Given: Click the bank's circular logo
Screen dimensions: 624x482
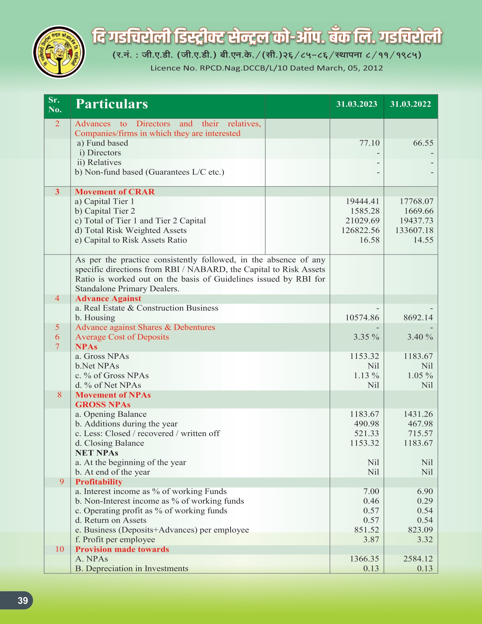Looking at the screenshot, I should pyautogui.click(x=59, y=52).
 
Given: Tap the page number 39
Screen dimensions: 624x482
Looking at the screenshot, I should pyautogui.click(x=23, y=601).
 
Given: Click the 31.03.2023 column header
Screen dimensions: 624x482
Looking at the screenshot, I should pyautogui.click(x=356, y=104).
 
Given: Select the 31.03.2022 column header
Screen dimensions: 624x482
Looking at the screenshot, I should pyautogui.click(x=411, y=104).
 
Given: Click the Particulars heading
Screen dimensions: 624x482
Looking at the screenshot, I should pyautogui.click(x=112, y=104).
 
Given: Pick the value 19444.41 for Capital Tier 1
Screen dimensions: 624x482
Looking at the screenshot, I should pyautogui.click(x=363, y=202).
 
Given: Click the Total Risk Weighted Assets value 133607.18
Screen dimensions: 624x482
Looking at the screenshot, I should pyautogui.click(x=414, y=230).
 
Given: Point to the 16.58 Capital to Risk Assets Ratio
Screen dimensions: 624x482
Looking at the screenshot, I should pyautogui.click(x=369, y=240).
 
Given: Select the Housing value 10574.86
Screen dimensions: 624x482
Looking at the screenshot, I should pyautogui.click(x=362, y=318).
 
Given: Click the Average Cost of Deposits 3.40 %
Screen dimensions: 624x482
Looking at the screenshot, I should pyautogui.click(x=420, y=337).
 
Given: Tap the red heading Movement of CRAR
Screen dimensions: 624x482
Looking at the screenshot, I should pyautogui.click(x=115, y=192).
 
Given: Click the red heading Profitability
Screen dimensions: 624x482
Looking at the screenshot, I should pyautogui.click(x=99, y=482).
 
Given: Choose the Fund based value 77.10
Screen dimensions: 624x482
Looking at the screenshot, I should pyautogui.click(x=369, y=143).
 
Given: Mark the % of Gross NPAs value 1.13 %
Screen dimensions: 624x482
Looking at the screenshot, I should pyautogui.click(x=366, y=376).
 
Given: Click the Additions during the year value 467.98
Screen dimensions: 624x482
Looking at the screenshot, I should pyautogui.click(x=420, y=424).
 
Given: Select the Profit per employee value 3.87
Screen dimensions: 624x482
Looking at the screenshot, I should pyautogui.click(x=371, y=540).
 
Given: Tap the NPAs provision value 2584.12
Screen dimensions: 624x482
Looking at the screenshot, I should pyautogui.click(x=418, y=559).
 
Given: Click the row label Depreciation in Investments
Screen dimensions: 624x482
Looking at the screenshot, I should pyautogui.click(x=132, y=569).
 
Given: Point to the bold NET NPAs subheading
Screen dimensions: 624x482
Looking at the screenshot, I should pyautogui.click(x=97, y=453).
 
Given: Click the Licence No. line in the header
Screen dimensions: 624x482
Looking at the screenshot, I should pyautogui.click(x=267, y=68).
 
